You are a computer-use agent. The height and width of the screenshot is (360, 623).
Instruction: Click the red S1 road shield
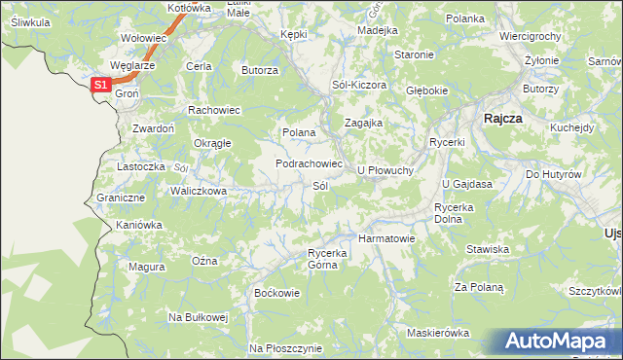point(101,86)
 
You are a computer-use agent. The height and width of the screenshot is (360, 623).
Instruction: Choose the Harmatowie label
point(386,237)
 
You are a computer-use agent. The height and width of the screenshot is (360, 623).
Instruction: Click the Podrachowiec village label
point(309,164)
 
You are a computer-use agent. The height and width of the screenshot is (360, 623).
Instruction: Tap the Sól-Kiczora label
point(359,86)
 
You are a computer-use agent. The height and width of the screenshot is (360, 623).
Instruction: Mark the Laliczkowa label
point(199,191)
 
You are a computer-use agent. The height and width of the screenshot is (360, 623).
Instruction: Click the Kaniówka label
point(138,225)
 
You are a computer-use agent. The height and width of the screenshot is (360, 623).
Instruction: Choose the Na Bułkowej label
point(198,317)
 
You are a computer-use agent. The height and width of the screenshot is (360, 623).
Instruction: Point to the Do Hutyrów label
point(553,174)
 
